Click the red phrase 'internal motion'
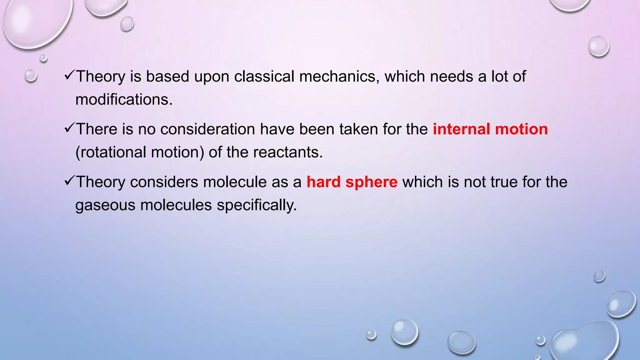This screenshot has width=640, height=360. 490,129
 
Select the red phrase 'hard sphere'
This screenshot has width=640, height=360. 352,182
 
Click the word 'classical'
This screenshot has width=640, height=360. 264,77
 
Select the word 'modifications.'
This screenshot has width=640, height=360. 124,100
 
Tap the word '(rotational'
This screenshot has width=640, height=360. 111,152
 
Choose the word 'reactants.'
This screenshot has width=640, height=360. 287,152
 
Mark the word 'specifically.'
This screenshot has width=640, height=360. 257,205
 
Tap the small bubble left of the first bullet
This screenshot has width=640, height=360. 31,76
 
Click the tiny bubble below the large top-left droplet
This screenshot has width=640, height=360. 43,58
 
